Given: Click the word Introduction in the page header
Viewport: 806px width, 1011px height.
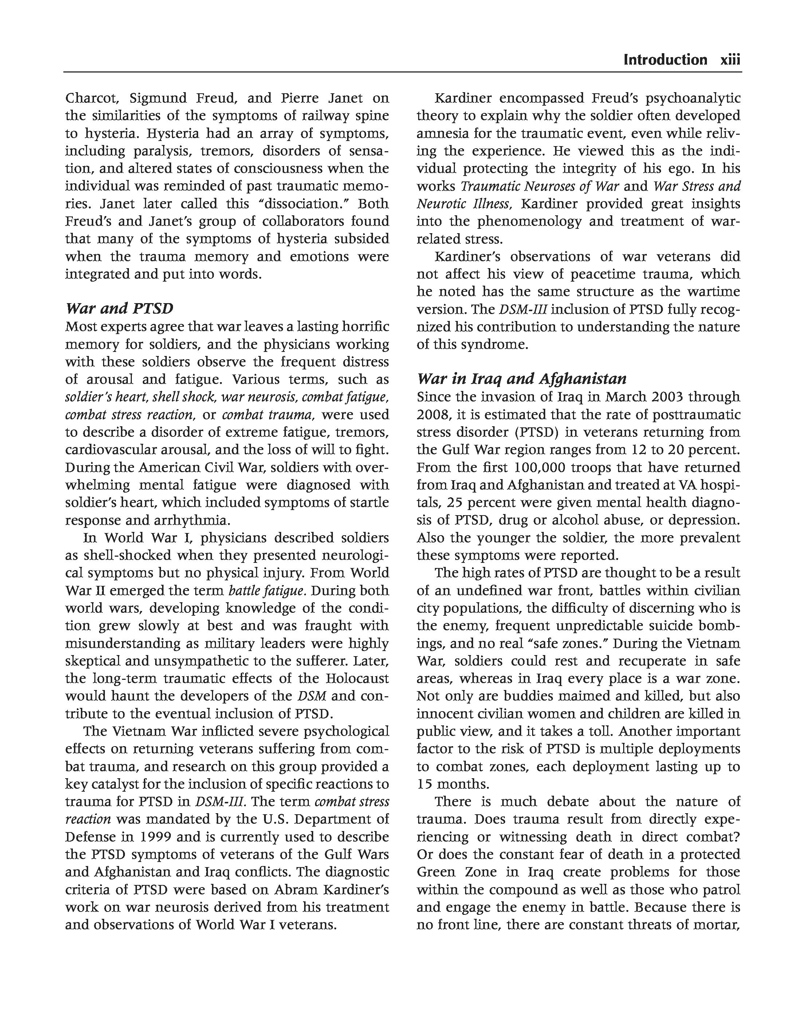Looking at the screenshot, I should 665,60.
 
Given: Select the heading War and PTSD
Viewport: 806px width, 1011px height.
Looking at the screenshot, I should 119,309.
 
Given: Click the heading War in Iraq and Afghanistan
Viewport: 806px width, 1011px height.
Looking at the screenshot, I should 522,379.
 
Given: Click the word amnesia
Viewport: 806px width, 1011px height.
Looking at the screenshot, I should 442,134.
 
